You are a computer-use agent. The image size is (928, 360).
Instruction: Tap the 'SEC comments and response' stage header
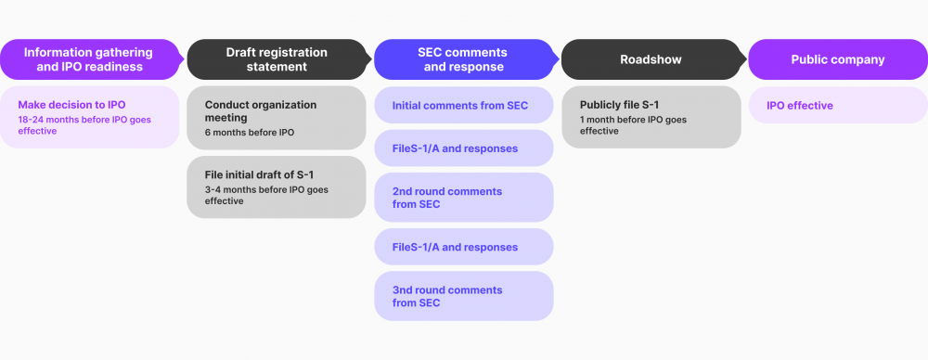point(463,59)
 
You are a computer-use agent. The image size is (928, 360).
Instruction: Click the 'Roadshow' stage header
point(651,59)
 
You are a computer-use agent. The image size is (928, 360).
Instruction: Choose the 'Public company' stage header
point(837,59)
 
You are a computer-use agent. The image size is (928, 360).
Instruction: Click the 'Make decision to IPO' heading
point(71,105)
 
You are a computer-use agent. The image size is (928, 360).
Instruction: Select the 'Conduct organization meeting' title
point(260,111)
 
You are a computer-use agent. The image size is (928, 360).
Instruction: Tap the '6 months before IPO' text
point(250,133)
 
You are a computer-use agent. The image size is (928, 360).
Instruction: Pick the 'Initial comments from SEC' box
point(463,106)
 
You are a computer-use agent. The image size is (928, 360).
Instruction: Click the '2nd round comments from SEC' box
point(463,198)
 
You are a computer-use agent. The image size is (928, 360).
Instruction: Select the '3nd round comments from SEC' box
point(463,296)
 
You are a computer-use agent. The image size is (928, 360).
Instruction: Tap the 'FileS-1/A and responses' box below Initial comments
point(463,148)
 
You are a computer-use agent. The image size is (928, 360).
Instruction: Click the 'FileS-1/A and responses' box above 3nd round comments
point(463,247)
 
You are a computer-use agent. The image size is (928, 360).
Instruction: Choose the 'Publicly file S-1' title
point(619,105)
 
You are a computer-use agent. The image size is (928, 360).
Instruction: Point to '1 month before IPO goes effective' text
point(633,125)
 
